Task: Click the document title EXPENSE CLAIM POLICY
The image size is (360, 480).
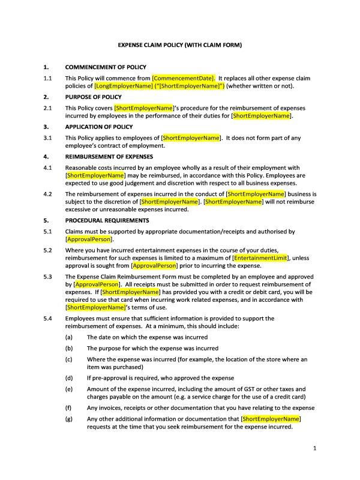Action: (179, 45)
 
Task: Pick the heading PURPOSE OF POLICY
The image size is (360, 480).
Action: (93, 97)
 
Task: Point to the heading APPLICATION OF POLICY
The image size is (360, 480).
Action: (99, 127)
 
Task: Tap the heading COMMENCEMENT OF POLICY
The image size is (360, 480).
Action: (106, 67)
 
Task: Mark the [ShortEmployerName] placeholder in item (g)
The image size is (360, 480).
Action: (271, 419)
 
